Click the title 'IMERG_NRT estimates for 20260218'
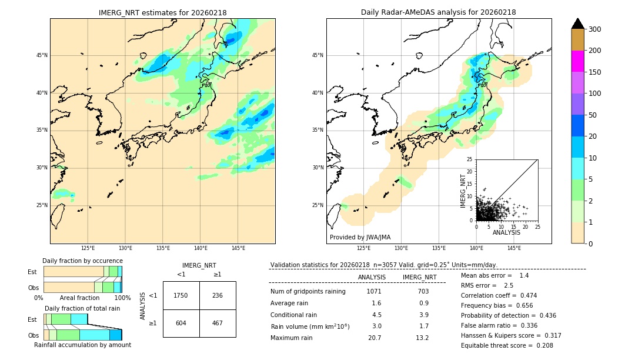tap(162, 12)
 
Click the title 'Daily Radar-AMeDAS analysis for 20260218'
tap(439, 12)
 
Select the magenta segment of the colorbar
tap(577, 61)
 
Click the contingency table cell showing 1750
tap(181, 295)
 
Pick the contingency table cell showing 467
tap(218, 323)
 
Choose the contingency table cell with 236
tap(218, 295)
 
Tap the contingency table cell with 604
tap(181, 323)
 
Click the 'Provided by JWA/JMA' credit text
tap(360, 238)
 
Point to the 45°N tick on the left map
tap(42, 55)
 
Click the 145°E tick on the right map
tap(514, 248)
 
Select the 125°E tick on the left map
tap(88, 248)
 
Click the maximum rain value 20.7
tap(375, 338)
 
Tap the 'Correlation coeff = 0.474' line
tap(499, 295)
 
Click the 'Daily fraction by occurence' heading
tap(82, 261)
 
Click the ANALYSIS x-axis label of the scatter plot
tap(506, 232)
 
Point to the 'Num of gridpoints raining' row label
tap(308, 291)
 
